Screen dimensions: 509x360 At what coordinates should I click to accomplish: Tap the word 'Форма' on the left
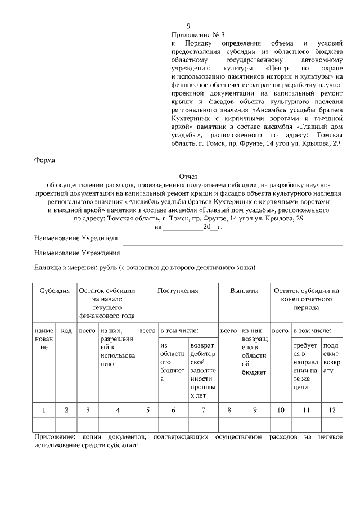coord(44,160)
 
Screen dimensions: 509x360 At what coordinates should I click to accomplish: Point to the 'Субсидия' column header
coord(55,291)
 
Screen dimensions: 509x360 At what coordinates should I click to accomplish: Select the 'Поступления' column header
coord(177,291)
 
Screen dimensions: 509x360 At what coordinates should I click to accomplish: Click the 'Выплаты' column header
coord(244,291)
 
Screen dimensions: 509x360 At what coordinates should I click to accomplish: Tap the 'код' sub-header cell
coord(66,331)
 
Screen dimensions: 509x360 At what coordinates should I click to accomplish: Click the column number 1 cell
coord(44,410)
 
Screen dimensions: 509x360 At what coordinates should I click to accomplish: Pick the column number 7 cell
coord(203,410)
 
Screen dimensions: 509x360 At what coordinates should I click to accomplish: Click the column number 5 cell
coord(148,410)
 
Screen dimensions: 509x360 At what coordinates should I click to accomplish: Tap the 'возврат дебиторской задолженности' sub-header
coord(203,372)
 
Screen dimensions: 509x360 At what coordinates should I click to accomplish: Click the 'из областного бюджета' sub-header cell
coord(173,364)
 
